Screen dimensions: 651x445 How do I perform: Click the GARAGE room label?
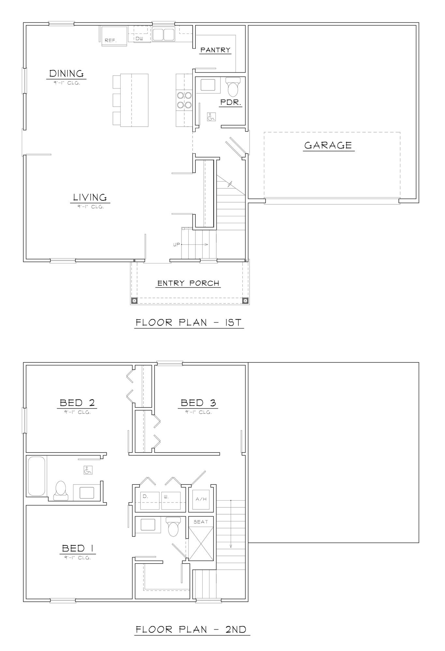(328, 145)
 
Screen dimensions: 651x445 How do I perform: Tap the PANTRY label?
(215, 50)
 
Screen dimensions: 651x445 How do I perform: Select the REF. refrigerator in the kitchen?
(114, 36)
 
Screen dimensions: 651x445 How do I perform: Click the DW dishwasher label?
(139, 38)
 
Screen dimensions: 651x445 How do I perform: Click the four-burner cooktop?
(184, 100)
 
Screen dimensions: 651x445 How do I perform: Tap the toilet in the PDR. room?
(233, 87)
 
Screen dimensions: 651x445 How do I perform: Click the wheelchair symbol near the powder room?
(211, 117)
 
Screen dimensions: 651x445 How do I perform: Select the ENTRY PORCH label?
(188, 283)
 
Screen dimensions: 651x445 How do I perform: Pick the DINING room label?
(66, 74)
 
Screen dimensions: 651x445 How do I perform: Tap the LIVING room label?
(90, 198)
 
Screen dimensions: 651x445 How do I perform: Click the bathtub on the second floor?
(36, 476)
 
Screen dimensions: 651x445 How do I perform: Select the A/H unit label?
(201, 499)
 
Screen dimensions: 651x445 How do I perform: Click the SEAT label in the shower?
(201, 522)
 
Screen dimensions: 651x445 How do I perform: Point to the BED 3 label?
(198, 403)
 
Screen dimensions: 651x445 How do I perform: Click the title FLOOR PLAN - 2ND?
(191, 630)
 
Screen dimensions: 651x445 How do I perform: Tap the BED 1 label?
(78, 549)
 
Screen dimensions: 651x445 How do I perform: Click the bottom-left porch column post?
(134, 300)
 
